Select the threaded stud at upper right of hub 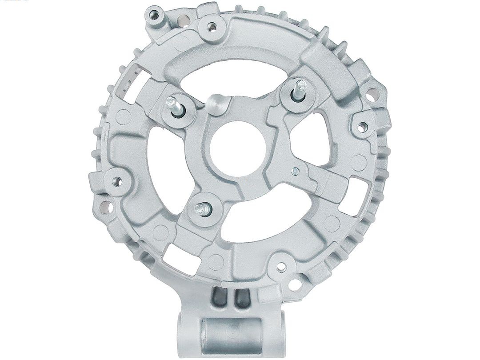point(299,90)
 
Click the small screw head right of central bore point(295,171)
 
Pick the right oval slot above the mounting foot point(242,298)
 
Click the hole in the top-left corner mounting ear point(155,16)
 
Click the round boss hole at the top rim point(212,27)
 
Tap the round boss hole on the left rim point(117,182)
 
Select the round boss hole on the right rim point(363,127)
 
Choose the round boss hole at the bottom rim point(281,266)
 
